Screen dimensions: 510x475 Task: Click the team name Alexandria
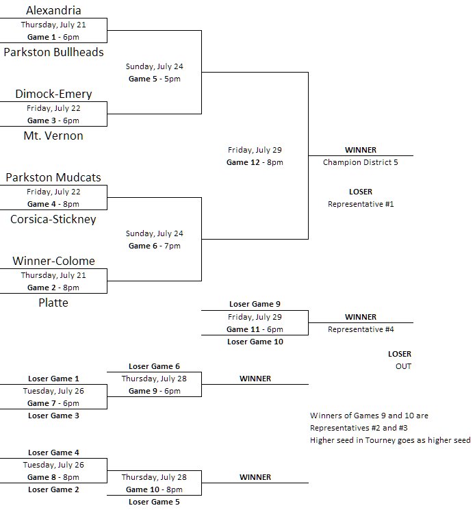point(53,10)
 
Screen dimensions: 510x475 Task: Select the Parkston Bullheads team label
point(53,52)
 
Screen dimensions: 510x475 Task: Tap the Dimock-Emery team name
point(53,94)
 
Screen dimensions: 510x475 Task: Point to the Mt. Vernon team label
point(53,136)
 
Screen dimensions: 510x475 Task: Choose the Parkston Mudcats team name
point(53,177)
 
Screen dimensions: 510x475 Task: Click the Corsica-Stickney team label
point(53,219)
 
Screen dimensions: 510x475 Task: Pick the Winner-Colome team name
point(53,261)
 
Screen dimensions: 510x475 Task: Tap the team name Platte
point(53,303)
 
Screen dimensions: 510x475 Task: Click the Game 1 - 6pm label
point(53,37)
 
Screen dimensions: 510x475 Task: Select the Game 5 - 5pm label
point(155,79)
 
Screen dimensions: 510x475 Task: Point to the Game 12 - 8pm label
point(255,162)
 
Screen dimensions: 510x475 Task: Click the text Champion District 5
point(361,162)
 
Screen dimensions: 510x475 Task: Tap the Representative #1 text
point(361,204)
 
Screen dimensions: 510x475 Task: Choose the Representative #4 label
point(361,329)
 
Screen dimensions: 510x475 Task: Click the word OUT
point(403,366)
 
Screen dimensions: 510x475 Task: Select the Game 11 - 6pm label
point(255,329)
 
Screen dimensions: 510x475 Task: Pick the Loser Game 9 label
point(255,304)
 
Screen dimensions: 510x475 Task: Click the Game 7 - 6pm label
point(53,403)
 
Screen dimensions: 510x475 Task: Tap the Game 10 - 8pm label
point(155,489)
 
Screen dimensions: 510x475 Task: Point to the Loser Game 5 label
point(155,502)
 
